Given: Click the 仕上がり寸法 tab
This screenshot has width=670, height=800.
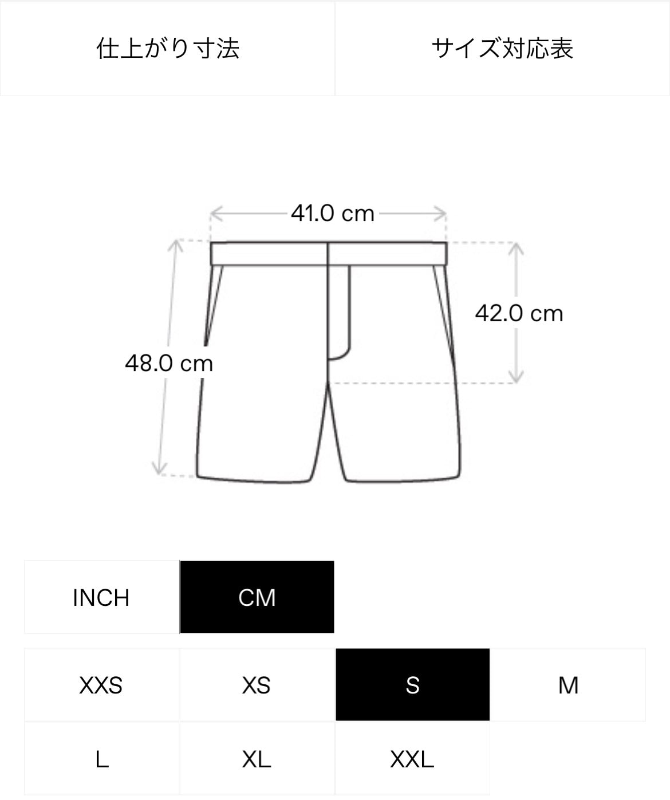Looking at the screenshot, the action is click(x=167, y=49).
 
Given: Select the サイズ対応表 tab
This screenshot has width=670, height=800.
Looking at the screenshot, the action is click(x=502, y=49).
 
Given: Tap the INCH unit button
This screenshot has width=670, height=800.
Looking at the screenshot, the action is click(x=101, y=597).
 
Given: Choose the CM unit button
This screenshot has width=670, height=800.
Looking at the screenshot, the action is click(x=257, y=597).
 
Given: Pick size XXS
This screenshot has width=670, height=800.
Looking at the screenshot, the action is click(x=101, y=685).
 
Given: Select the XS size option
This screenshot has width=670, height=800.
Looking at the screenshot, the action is click(x=257, y=685).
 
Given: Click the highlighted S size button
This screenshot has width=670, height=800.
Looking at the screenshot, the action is click(x=412, y=685).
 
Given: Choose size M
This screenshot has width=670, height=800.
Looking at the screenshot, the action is click(x=568, y=685).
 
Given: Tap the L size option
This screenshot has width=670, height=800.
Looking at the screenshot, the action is click(x=101, y=759).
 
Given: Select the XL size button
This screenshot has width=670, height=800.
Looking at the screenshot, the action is click(x=257, y=759).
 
